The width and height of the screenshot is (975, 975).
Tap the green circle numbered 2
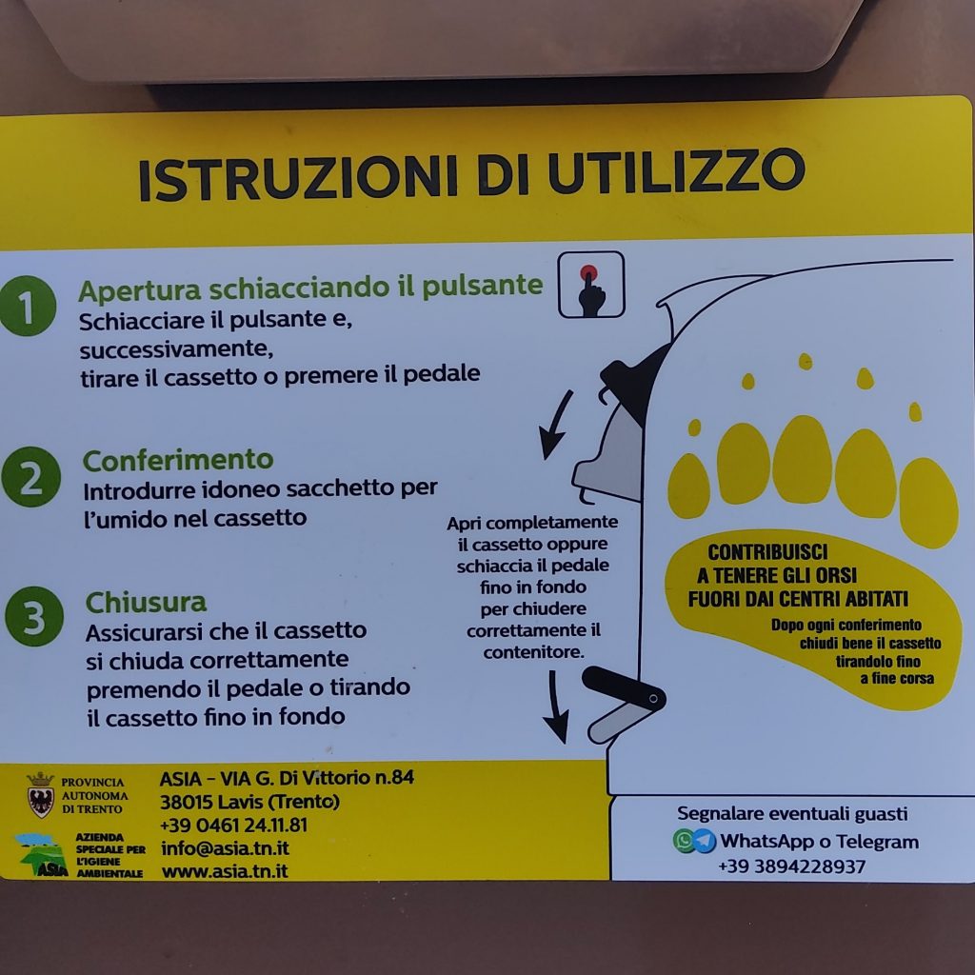coord(31,477)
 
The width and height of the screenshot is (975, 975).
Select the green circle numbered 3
coord(34,616)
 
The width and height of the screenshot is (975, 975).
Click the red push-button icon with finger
coord(590,285)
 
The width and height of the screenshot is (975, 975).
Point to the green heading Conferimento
coord(178,460)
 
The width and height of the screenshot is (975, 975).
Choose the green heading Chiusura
coord(146,602)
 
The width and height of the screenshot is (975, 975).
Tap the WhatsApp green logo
coord(684,841)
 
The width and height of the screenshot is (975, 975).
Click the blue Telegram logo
coord(704,841)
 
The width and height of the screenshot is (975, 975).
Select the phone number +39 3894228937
coord(791,866)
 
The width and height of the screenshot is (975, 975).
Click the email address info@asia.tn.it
coord(225,848)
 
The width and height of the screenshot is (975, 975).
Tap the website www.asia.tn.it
coord(225,871)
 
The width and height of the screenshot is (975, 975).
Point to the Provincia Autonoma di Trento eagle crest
coord(40,795)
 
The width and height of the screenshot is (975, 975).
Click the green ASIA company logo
coord(41,855)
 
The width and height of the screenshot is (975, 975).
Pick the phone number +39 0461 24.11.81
coord(234,826)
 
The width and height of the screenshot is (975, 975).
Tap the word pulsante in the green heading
coord(483,286)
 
